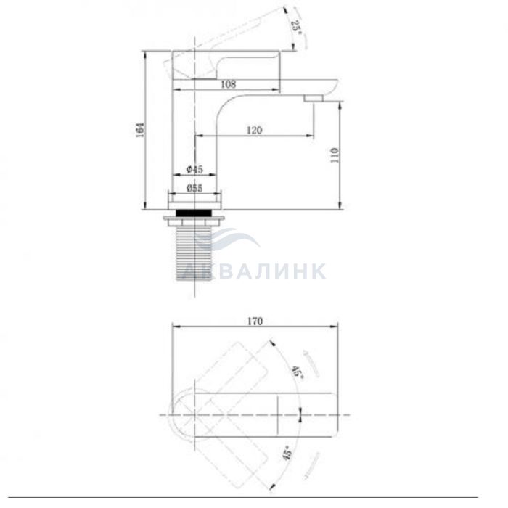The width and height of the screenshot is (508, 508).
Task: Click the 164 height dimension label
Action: pos(140,130)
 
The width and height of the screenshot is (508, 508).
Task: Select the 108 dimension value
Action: pos(229,84)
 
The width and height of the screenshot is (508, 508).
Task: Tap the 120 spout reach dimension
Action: pos(254,130)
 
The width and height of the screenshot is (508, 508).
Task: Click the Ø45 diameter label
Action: pos(194,169)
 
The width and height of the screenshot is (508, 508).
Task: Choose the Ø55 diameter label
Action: pos(194,188)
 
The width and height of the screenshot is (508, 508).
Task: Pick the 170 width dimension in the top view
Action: pos(255,321)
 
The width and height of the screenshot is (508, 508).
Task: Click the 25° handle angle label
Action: pos(296,28)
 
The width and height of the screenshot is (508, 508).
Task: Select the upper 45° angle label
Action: pos(298,372)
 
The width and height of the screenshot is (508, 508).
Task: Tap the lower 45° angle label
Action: pos(287,453)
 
